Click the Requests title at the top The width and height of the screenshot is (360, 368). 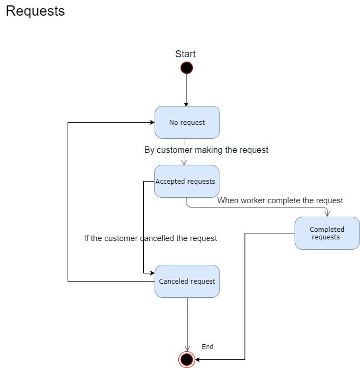point(35,11)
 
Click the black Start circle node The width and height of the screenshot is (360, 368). point(186,68)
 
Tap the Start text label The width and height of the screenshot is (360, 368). point(185,54)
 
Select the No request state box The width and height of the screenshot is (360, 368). point(187,123)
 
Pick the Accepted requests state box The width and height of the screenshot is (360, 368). point(186,182)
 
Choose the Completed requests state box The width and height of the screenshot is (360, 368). point(327,233)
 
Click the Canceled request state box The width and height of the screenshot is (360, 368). point(187,281)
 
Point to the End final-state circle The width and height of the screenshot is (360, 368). point(186,359)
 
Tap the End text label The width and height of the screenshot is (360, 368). point(208,347)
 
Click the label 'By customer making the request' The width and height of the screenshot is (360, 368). point(206,150)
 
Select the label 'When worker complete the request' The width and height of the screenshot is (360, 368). point(280,200)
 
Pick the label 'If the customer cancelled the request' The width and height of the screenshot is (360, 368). point(150,238)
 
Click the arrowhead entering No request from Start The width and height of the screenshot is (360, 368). point(186,104)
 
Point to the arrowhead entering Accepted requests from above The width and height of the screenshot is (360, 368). point(184,162)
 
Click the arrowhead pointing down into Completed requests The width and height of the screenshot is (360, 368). point(327,213)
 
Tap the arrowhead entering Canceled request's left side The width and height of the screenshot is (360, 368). point(152,274)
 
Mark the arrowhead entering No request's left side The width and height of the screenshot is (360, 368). point(152,123)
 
